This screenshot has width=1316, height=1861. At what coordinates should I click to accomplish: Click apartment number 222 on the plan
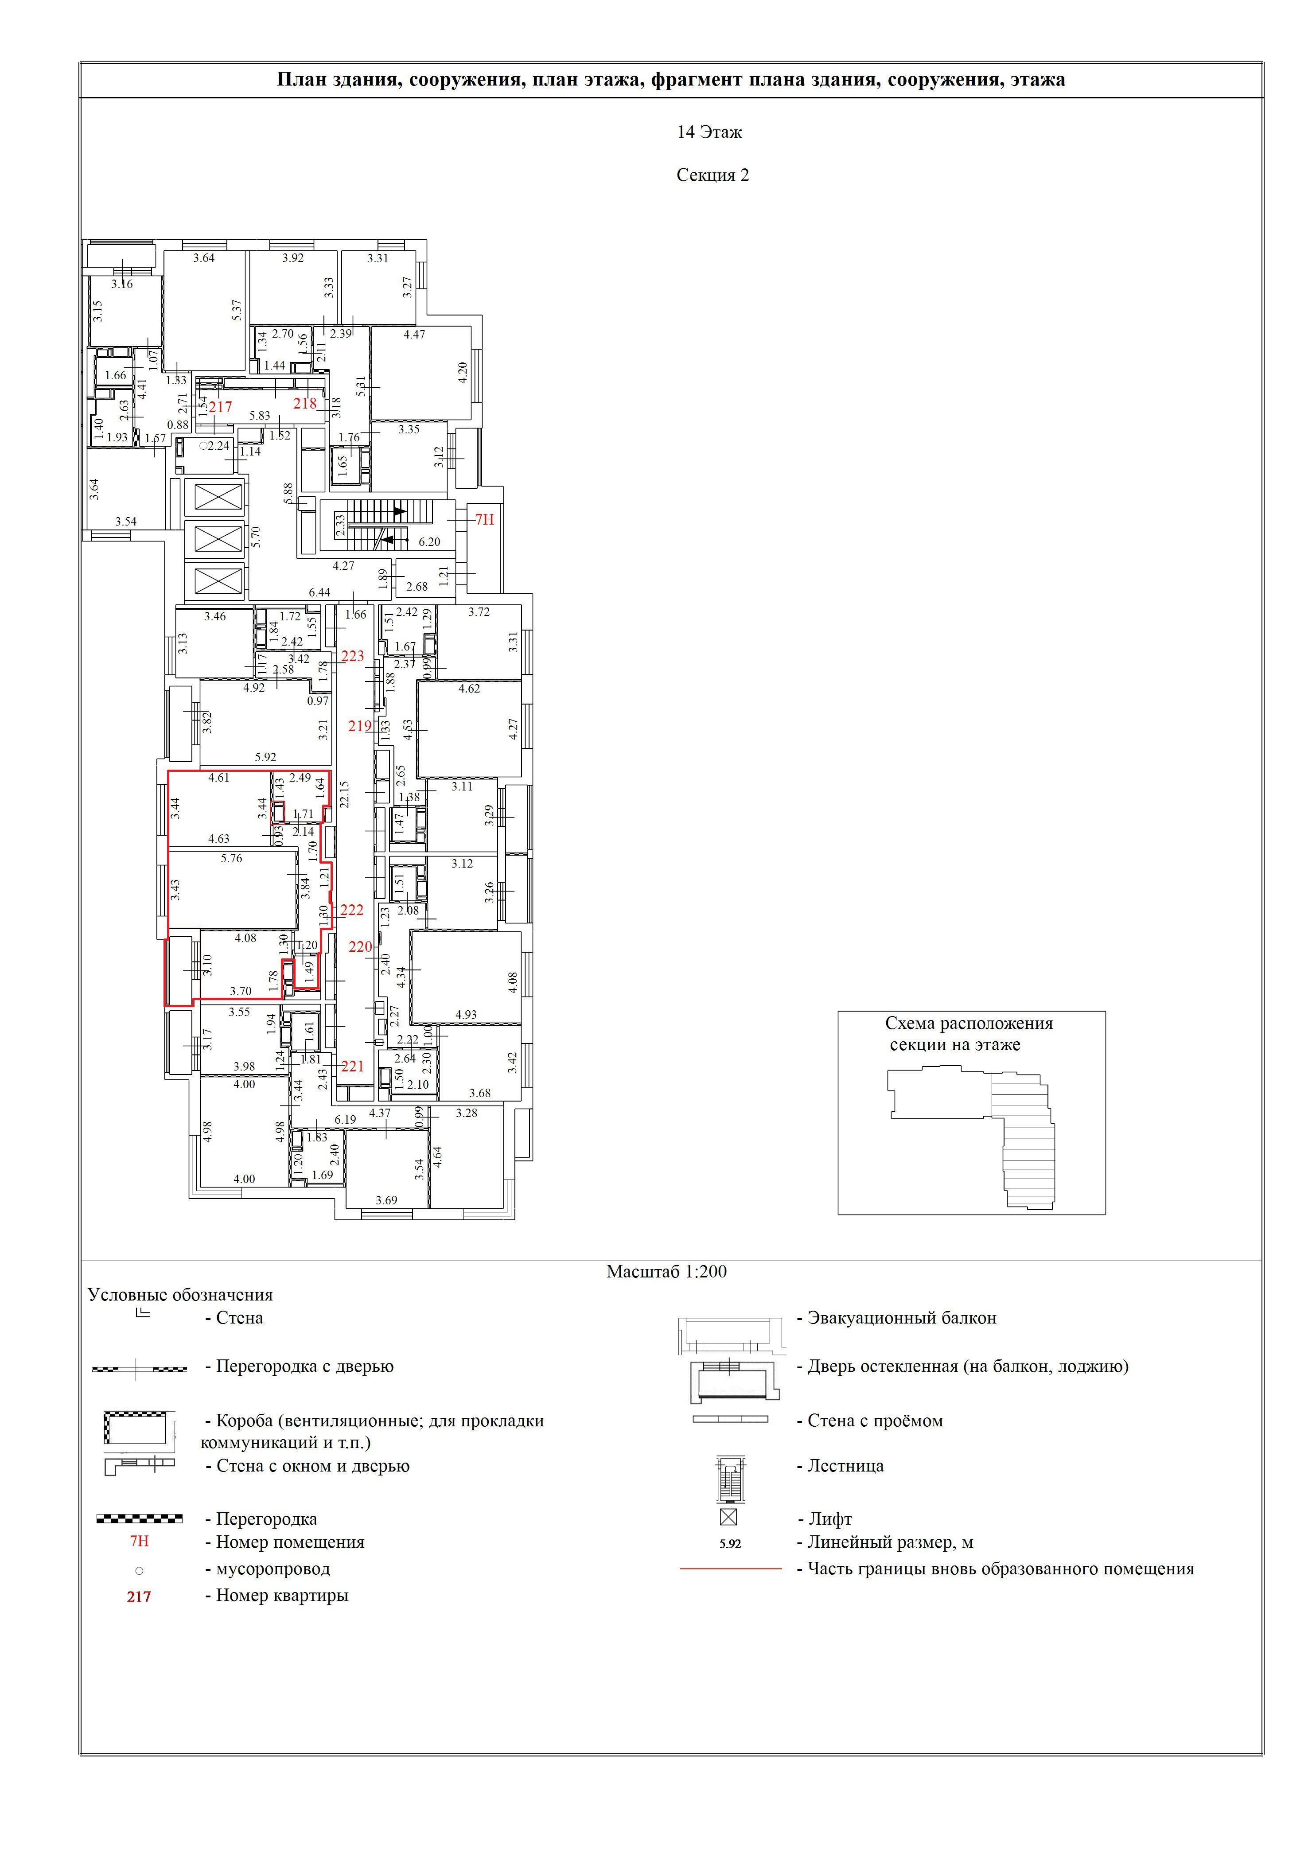pyautogui.click(x=352, y=910)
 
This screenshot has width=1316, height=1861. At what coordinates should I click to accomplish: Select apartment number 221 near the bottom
pyautogui.click(x=353, y=1067)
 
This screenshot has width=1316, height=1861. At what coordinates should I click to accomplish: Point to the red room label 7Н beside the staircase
pyautogui.click(x=485, y=520)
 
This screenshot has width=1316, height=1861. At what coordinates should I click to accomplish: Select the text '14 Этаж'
pyautogui.click(x=710, y=132)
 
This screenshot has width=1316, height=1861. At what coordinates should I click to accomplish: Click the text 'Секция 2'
pyautogui.click(x=713, y=175)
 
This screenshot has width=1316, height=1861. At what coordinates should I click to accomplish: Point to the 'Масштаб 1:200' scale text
pyautogui.click(x=667, y=1272)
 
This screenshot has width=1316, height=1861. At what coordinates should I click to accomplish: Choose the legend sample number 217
pyautogui.click(x=140, y=1597)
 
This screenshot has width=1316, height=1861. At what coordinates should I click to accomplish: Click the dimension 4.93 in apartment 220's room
pyautogui.click(x=466, y=1014)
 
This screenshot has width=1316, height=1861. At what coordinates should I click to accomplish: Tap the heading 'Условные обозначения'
pyautogui.click(x=181, y=1295)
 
